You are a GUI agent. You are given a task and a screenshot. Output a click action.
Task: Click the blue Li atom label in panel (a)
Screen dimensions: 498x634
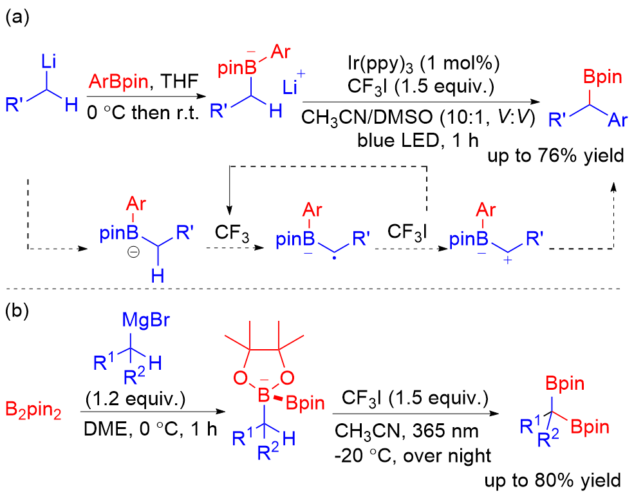[x=50, y=62]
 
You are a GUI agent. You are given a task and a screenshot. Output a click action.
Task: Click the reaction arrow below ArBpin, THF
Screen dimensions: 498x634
[x=137, y=97]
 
